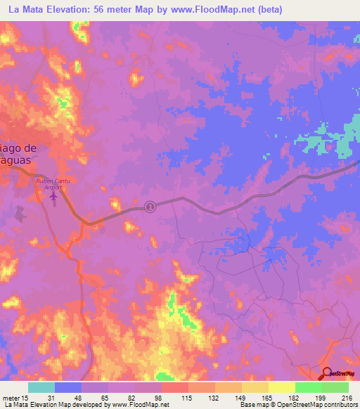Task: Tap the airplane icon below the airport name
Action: coord(54,197)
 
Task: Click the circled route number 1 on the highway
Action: coord(149,206)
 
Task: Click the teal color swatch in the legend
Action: coord(41,387)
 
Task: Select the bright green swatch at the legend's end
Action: coord(335,387)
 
